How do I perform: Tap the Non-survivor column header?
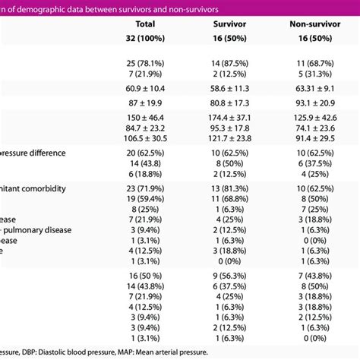tap(314, 24)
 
